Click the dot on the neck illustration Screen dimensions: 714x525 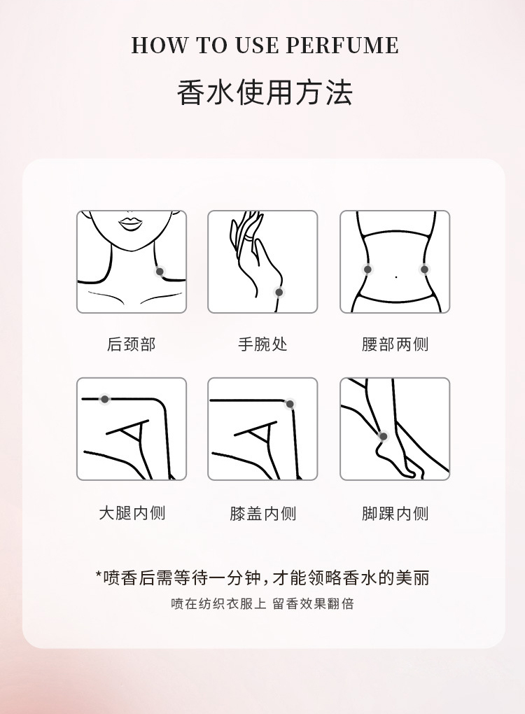(x=160, y=272)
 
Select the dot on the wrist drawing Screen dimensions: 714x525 (x=279, y=292)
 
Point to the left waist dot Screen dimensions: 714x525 (x=367, y=269)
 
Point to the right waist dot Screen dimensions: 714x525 (x=424, y=269)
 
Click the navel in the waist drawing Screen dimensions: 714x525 (x=396, y=277)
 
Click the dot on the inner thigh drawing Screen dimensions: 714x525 (x=105, y=399)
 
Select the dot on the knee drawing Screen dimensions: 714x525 (x=289, y=404)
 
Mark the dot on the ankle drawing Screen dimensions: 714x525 (x=383, y=437)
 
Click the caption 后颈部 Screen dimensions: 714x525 (x=131, y=344)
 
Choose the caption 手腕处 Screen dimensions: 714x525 (x=262, y=344)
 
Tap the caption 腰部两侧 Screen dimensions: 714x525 (x=395, y=344)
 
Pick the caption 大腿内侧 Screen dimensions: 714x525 (x=131, y=513)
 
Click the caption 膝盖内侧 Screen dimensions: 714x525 (x=262, y=513)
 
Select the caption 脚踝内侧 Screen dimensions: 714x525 (x=395, y=513)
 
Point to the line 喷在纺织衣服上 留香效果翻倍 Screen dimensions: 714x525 (x=262, y=603)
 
